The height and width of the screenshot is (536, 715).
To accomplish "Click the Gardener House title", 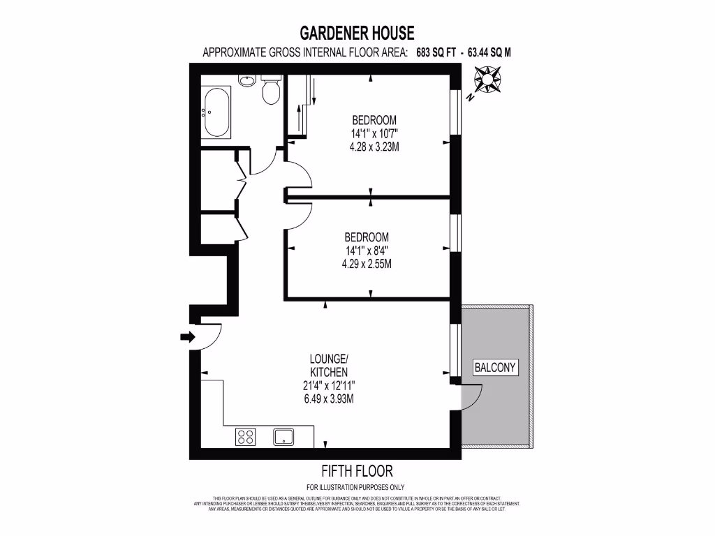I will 357,33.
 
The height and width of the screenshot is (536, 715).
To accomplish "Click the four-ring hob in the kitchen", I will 246,437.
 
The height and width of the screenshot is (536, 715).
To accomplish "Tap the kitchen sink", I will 284,437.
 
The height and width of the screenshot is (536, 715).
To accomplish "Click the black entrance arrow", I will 187,337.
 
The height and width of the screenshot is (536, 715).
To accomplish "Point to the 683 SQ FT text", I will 436,52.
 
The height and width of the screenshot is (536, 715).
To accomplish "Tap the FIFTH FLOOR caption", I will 357,471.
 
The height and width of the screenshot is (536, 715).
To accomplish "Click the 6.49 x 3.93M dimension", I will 328,399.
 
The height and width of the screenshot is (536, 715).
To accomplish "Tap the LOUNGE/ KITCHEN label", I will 328,366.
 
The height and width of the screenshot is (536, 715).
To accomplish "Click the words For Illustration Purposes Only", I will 355,487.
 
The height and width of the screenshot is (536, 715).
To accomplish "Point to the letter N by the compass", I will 471,98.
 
